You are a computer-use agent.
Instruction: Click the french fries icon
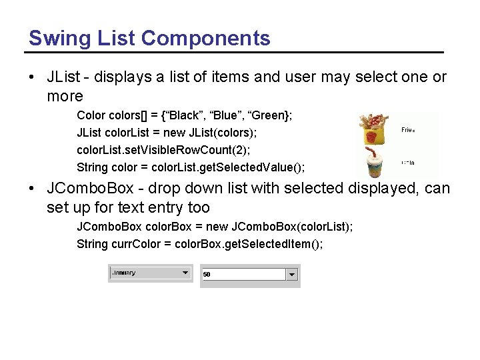click(375, 129)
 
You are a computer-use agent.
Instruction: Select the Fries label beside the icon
click(408, 130)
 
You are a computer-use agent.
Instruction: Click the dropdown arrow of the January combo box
click(185, 273)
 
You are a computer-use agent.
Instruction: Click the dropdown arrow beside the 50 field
click(292, 274)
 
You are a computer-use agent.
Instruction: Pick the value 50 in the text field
click(207, 274)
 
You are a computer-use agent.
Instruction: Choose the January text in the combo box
click(124, 273)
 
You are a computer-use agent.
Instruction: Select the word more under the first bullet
click(65, 96)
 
